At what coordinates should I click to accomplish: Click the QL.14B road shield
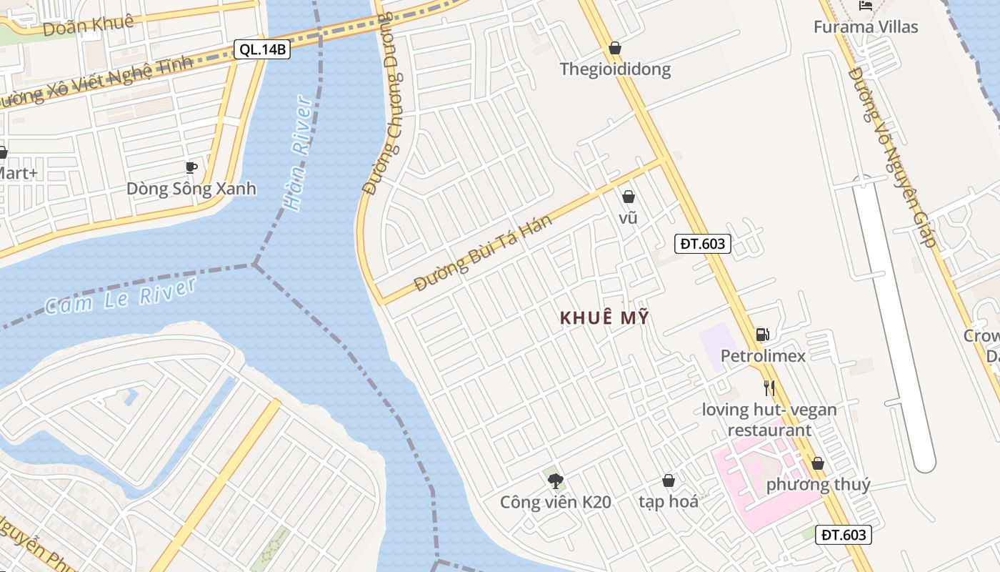[262, 49]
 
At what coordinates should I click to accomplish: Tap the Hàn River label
[297, 153]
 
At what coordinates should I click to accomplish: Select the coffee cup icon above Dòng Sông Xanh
[191, 167]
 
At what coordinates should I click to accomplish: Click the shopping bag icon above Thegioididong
[614, 48]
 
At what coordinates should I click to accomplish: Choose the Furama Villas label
[866, 27]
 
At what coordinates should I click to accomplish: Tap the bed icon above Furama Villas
[866, 6]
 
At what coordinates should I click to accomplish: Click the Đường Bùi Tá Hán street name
[484, 252]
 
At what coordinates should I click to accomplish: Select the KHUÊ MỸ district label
[605, 318]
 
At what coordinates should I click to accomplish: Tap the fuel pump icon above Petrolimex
[762, 334]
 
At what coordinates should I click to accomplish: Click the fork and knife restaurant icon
[769, 388]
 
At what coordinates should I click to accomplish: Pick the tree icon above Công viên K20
[555, 480]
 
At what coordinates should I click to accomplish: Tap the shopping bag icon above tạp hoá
[669, 480]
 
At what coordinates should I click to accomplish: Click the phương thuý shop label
[818, 485]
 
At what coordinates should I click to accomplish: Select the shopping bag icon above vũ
[629, 197]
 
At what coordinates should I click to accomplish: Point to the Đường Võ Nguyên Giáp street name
[892, 157]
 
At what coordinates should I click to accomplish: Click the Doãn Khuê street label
[88, 25]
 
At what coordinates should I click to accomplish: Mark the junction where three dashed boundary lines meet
[254, 265]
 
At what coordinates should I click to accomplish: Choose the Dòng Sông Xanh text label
[191, 189]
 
